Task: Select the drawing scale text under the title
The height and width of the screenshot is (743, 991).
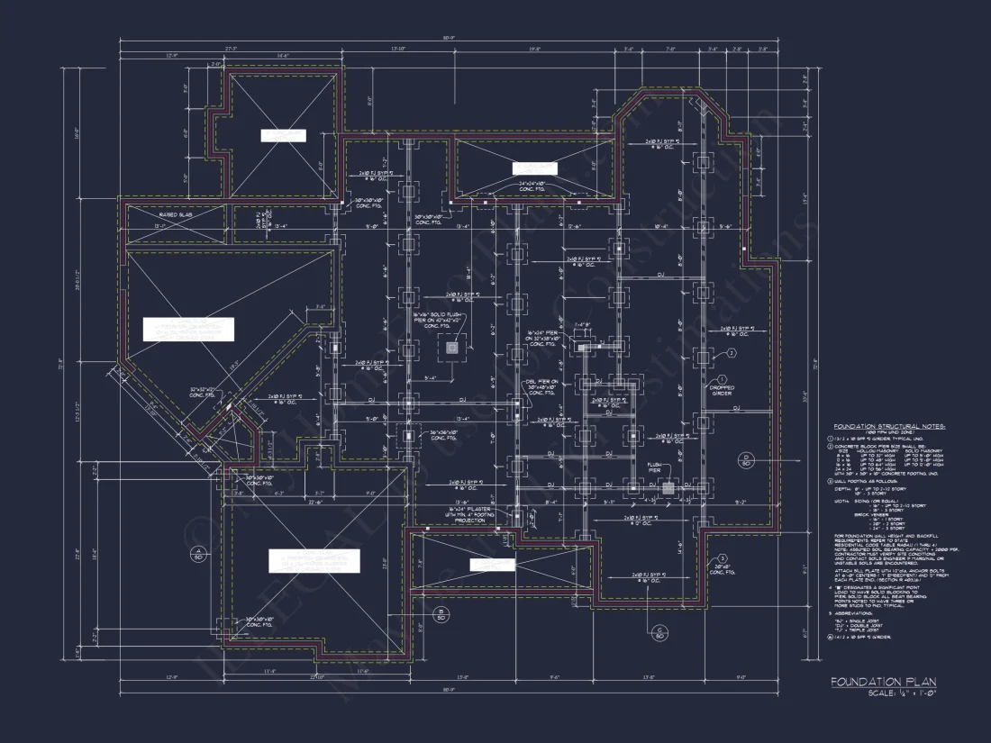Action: click(x=902, y=693)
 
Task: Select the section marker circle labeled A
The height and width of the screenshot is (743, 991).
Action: click(x=196, y=553)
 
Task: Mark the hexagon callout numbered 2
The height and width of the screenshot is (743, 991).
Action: click(x=732, y=353)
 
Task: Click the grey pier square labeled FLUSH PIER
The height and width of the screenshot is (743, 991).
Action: click(x=668, y=487)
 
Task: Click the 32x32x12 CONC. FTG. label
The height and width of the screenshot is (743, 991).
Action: click(x=202, y=391)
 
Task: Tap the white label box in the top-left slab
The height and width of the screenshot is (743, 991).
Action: click(x=284, y=136)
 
